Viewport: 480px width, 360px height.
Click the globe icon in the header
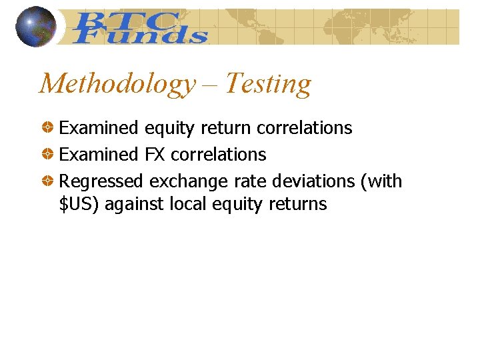36,27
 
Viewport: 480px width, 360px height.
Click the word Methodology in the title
116,84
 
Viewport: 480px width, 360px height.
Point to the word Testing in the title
268,84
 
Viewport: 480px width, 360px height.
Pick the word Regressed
101,181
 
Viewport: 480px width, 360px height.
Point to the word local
188,204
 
